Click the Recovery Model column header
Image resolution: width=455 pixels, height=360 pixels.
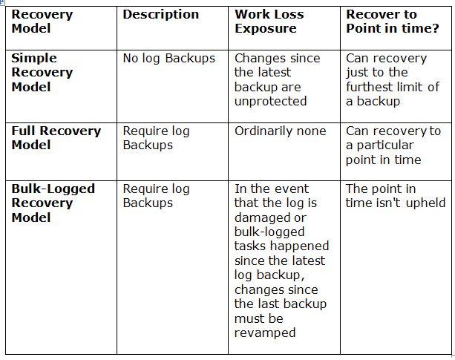point(42,22)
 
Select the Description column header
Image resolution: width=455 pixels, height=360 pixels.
point(161,15)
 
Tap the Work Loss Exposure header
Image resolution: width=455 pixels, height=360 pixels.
point(269,22)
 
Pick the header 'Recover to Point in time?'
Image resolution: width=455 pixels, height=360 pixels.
point(393,22)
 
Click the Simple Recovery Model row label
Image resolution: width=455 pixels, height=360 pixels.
point(42,72)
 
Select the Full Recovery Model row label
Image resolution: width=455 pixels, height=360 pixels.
point(56,138)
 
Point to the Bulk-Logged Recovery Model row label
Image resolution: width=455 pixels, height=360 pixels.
point(53,203)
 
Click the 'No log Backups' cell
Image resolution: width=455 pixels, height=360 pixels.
point(169,59)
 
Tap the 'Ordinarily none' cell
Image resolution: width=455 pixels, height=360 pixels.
point(281,131)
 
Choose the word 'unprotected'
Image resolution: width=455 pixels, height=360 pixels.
point(270,101)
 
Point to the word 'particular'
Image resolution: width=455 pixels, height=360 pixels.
point(385,145)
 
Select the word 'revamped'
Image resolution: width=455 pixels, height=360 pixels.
point(265,333)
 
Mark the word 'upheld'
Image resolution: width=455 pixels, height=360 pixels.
point(426,203)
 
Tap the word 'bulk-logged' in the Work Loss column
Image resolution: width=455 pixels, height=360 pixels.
point(269,232)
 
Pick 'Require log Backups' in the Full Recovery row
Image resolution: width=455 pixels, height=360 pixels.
point(156,138)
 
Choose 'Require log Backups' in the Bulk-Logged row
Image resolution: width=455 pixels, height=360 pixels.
point(156,196)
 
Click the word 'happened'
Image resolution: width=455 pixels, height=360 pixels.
point(299,246)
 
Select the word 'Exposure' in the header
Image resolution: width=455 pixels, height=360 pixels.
point(266,28)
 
